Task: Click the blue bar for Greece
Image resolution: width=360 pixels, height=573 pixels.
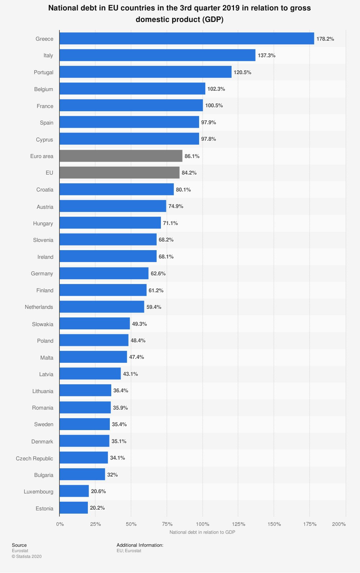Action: coord(186,39)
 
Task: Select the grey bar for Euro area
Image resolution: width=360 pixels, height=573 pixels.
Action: coord(121,156)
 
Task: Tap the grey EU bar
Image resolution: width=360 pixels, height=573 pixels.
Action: coord(120,173)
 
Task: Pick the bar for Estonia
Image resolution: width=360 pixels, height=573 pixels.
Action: coord(74,508)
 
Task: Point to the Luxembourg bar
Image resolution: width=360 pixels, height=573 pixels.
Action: coord(74,491)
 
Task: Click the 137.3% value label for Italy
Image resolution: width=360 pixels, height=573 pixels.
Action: coord(266,55)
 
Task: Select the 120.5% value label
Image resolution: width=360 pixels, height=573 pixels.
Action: coord(242,72)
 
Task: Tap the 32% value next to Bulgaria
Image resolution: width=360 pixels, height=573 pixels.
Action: coord(112,475)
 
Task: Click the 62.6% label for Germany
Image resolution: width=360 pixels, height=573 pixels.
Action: coord(158,274)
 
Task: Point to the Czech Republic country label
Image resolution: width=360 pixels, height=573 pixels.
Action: coord(35,458)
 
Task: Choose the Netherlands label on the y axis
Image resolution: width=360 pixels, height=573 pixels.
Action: coord(39,307)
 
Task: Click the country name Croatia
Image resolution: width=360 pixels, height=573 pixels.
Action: coord(45,190)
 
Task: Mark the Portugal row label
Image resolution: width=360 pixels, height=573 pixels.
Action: coord(44,72)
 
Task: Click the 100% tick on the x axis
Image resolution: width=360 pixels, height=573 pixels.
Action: coord(203,524)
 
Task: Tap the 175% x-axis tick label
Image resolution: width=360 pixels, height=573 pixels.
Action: coord(310,524)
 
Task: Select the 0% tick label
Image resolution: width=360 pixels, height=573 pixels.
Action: coord(60,524)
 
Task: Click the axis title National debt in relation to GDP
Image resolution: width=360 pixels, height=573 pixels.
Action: coord(202,532)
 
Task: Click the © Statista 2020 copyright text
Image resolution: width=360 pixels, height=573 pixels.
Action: coord(27,556)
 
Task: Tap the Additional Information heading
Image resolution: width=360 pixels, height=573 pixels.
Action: coord(140,545)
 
